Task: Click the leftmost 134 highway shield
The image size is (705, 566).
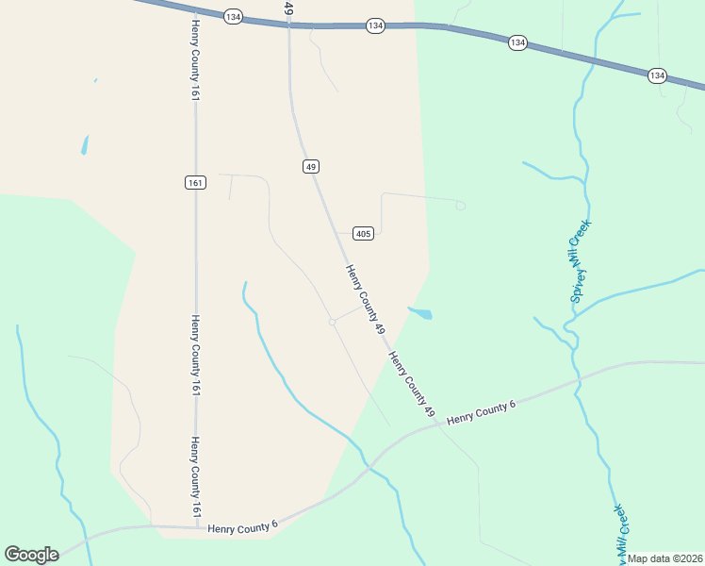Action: point(234,16)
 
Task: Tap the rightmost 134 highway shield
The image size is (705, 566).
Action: point(657,75)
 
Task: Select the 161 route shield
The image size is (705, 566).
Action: point(195,182)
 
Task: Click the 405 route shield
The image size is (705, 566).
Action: point(364,233)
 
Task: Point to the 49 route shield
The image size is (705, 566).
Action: point(311,166)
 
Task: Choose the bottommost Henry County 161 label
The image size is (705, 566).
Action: point(196,476)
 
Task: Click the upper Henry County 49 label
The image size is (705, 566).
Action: point(365,300)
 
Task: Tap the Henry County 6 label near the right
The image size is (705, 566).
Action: point(482,412)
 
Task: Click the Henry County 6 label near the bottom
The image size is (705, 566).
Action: point(243,527)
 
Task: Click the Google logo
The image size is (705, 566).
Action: point(31,555)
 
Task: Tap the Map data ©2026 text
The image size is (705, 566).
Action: point(665,558)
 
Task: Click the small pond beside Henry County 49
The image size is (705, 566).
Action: point(421,313)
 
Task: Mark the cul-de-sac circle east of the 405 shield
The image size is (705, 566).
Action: point(460,206)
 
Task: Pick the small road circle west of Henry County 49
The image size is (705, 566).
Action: point(332,322)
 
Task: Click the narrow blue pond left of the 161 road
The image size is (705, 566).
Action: point(85,144)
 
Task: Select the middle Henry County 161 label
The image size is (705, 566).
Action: point(196,356)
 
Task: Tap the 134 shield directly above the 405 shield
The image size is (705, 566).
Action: point(376,25)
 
